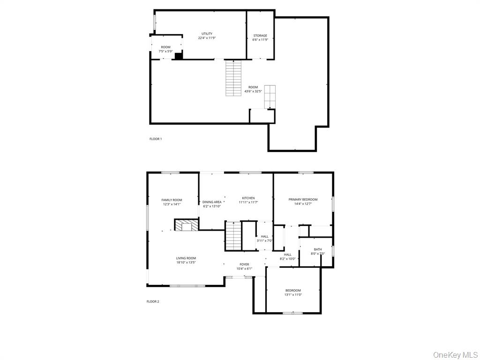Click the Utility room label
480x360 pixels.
207,34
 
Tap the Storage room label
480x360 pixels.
260,36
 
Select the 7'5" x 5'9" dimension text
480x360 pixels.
166,52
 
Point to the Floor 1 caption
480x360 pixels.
156,139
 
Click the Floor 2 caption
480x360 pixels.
153,301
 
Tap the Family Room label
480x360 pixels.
172,200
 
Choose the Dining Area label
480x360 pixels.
212,202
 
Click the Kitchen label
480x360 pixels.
248,198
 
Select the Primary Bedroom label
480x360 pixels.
303,199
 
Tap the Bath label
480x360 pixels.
318,249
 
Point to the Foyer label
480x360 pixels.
244,264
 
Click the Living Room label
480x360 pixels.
186,258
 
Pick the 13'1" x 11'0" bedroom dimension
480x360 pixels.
293,294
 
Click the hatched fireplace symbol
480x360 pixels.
184,225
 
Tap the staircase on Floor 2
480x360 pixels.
233,236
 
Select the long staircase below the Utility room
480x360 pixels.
233,78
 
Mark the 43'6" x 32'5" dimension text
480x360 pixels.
253,91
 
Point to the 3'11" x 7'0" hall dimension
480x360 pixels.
264,240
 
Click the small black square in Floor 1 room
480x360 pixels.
178,56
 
